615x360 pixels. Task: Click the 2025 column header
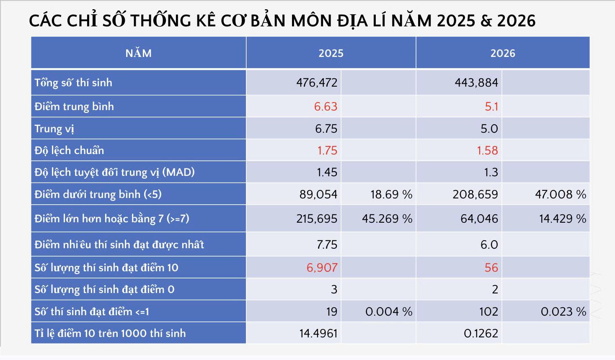pos(331,53)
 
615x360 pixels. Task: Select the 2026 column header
pos(503,53)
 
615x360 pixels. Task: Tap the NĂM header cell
pos(138,53)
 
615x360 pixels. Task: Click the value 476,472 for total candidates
pos(317,82)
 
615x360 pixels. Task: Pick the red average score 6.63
pos(326,106)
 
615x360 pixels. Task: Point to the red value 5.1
pos(491,106)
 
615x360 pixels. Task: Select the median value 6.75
pos(326,129)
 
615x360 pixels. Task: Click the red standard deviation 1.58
pos(487,150)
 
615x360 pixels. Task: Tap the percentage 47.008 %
pos(561,194)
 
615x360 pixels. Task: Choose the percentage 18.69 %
pos(391,194)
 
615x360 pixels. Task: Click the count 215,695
pos(317,219)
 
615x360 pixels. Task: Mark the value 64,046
pos(479,219)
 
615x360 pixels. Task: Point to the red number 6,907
pos(322,267)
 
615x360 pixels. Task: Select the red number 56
pos(491,267)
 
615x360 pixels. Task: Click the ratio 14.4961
pos(318,333)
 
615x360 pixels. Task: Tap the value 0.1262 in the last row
pos(481,333)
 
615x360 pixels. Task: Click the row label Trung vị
pos(54,129)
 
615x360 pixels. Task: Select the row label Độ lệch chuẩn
pos(69,150)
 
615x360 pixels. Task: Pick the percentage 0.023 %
pos(563,311)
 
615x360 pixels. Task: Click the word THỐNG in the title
pos(160,21)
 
